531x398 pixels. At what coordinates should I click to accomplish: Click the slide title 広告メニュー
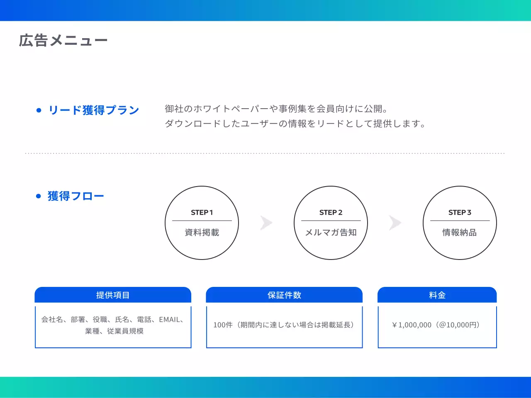[x=63, y=41]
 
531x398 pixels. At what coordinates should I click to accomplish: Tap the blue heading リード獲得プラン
[x=94, y=110]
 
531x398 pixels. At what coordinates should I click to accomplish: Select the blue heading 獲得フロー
[x=76, y=196]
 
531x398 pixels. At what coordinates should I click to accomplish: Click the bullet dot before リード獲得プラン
[x=39, y=110]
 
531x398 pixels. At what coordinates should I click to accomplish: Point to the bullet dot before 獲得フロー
[x=39, y=196]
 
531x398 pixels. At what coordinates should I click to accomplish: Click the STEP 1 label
[x=202, y=213]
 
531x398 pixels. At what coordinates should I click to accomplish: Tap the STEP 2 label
[x=331, y=213]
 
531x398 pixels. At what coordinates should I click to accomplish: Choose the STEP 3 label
[x=460, y=213]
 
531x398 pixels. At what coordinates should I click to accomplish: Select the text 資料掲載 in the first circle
[x=202, y=233]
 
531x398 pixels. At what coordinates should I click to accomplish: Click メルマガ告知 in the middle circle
[x=331, y=233]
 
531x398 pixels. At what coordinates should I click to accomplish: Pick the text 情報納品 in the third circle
[x=460, y=233]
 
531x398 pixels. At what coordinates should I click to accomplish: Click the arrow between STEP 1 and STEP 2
[x=266, y=223]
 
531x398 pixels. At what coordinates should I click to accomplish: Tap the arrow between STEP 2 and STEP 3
[x=395, y=223]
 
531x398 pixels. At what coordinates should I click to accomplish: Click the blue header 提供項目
[x=113, y=295]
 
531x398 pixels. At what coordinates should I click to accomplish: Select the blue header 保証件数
[x=284, y=295]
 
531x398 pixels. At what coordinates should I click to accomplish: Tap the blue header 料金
[x=437, y=295]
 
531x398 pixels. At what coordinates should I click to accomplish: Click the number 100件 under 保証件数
[x=223, y=325]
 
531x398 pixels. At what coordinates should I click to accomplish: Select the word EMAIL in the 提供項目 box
[x=170, y=320]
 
